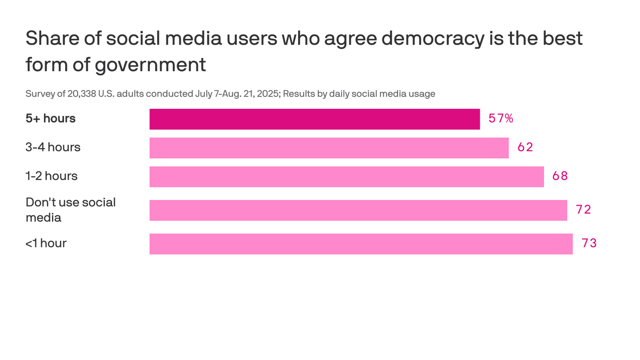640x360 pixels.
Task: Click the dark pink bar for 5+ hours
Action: tap(314, 119)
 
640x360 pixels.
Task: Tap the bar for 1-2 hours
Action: tap(347, 177)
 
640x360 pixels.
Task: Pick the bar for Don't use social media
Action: tap(358, 210)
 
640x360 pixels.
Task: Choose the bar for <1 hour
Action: tap(361, 244)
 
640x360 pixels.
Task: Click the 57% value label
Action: tap(501, 119)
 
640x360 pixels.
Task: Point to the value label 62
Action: tap(525, 148)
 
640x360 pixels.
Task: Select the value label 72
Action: tap(583, 210)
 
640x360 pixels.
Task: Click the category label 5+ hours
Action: tap(51, 119)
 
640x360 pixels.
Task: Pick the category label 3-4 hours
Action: tap(53, 147)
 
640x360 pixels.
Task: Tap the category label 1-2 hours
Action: tap(52, 176)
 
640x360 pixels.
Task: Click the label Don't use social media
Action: tap(70, 210)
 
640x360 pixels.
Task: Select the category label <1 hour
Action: tap(46, 243)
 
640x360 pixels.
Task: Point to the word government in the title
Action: tap(150, 65)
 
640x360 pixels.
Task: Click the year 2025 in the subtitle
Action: tap(268, 94)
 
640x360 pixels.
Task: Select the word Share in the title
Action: tap(48, 38)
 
